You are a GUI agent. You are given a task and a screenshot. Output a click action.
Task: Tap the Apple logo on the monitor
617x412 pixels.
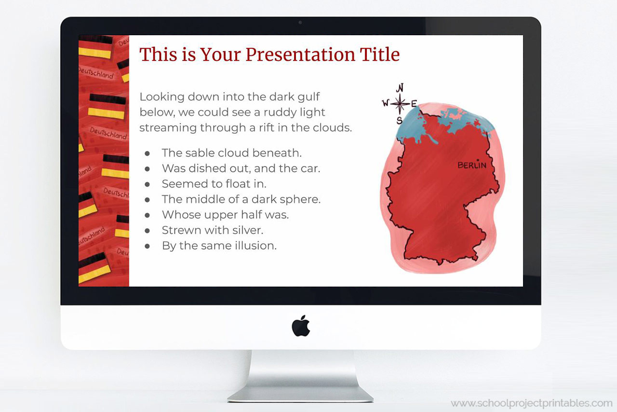[301, 326]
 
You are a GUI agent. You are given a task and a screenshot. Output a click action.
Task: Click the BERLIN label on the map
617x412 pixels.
[471, 165]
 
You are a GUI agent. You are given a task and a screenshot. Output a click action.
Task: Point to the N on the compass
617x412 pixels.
[400, 88]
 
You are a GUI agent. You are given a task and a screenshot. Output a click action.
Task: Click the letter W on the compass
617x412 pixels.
[386, 103]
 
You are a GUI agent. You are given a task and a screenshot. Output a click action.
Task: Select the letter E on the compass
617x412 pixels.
[414, 103]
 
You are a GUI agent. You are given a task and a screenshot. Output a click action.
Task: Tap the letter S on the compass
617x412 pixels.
[399, 120]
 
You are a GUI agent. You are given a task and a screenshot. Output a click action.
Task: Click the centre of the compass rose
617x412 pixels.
[400, 103]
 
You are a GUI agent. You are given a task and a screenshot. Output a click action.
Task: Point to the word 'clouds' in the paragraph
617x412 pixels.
[335, 128]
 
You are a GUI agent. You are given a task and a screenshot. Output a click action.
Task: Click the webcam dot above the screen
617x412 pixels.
[300, 22]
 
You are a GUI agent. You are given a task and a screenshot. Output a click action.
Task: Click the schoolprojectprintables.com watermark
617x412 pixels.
[531, 403]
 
